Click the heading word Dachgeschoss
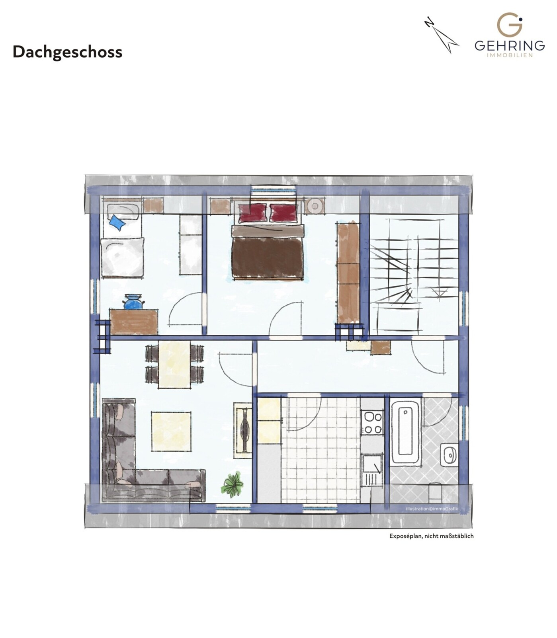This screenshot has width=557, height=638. pos(67,52)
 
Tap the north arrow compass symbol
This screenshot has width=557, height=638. pos(442,36)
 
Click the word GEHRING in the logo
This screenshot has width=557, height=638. pos(509,45)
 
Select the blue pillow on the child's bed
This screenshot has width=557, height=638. pos(117,222)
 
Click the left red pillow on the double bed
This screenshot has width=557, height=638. pos(252,213)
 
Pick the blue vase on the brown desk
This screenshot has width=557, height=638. pos(133,302)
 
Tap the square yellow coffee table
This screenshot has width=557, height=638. pos(171,431)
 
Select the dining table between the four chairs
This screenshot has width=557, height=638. pos(174,364)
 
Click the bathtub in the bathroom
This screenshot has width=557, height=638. pos(405,432)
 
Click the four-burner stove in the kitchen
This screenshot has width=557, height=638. pos(373,423)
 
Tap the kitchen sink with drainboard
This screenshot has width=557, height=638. pos(372,470)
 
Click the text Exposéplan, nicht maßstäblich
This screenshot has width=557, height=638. pos(431,536)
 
